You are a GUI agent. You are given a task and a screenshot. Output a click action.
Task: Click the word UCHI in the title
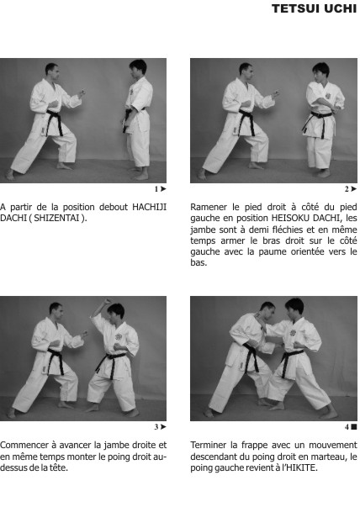[x=341, y=10]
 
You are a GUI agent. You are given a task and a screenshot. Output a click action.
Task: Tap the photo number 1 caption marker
[x=159, y=189]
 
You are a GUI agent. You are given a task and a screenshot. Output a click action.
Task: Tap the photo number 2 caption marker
[x=350, y=189]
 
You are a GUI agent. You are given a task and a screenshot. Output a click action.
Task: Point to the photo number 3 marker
[x=159, y=427]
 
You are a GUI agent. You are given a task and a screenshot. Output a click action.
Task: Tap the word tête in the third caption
[x=57, y=467]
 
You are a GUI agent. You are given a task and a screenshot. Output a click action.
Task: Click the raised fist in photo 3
[x=107, y=303]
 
